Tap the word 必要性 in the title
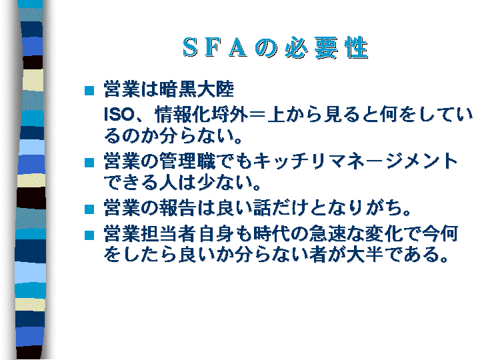(326, 47)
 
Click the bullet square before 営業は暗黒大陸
(89, 91)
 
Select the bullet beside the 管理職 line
(89, 163)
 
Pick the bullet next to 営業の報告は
(89, 209)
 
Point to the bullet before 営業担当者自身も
(89, 235)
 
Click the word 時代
(271, 233)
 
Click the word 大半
(365, 255)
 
